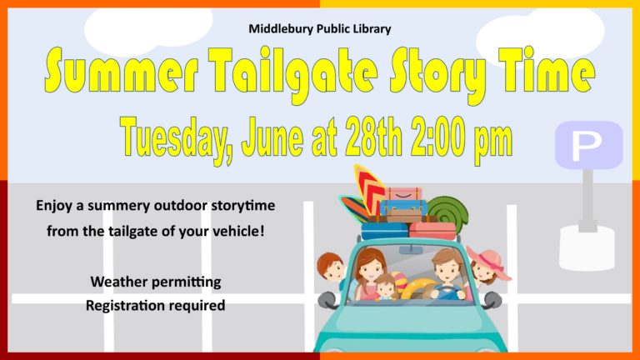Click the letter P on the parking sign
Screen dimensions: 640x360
tap(587, 146)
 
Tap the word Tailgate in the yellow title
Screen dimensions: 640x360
tap(292, 73)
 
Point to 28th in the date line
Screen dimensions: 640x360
tap(373, 137)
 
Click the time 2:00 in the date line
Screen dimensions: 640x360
tap(441, 137)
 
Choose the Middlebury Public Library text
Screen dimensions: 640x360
tap(320, 28)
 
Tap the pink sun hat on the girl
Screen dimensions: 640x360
tap(489, 261)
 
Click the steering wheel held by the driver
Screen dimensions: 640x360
tap(447, 292)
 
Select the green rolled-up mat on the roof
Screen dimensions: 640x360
tap(449, 211)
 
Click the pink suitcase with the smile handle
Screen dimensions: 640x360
tap(403, 194)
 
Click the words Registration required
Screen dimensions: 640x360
tap(156, 305)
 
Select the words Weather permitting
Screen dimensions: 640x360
tap(156, 282)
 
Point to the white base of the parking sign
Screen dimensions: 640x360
tap(587, 247)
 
